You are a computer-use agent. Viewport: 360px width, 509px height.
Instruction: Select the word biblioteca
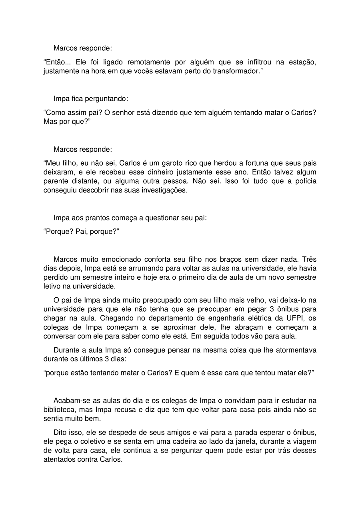pyautogui.click(x=60, y=410)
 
